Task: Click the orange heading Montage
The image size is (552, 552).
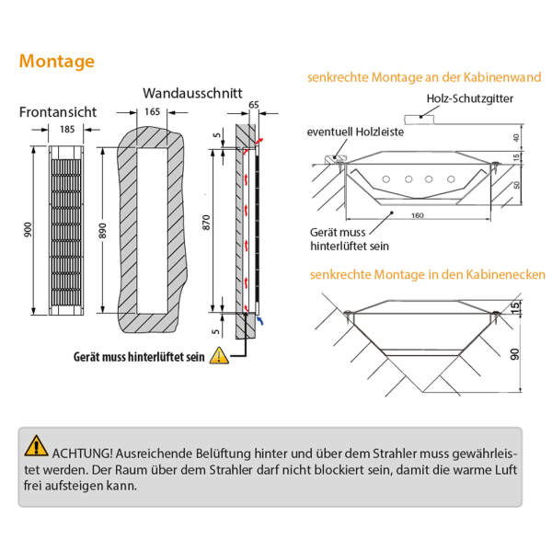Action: [56, 62]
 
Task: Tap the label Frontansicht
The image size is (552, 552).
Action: [57, 112]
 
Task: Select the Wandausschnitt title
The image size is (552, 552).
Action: [192, 93]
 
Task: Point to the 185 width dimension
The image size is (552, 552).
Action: [67, 130]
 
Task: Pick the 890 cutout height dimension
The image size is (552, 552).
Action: [103, 230]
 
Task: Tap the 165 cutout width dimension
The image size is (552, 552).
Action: [152, 112]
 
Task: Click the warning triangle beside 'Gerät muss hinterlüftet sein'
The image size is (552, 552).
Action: [218, 355]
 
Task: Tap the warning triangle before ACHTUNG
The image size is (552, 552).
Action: [36, 446]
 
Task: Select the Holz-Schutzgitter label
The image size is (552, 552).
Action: [470, 98]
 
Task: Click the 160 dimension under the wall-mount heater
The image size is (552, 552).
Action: [418, 215]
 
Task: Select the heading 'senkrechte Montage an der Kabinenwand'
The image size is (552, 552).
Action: [424, 77]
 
